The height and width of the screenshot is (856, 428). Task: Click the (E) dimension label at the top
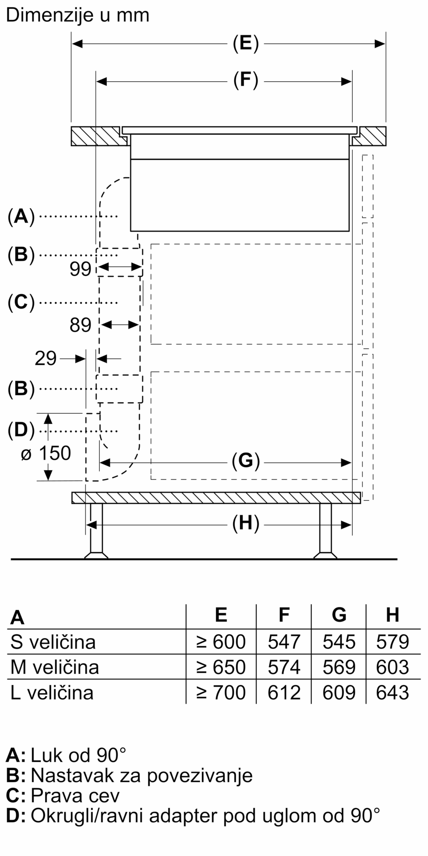(x=246, y=44)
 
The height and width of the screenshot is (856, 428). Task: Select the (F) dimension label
(x=246, y=81)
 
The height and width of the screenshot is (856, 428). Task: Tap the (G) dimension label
(x=246, y=461)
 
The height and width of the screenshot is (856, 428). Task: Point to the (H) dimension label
(x=246, y=524)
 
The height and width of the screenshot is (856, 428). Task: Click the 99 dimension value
(x=80, y=269)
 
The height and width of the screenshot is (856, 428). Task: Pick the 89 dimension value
(x=80, y=325)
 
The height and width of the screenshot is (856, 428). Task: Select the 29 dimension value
(x=45, y=358)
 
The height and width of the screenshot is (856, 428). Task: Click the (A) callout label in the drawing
(x=21, y=217)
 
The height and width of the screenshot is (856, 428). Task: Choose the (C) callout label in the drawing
(x=21, y=303)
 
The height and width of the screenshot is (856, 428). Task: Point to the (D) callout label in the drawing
(x=21, y=430)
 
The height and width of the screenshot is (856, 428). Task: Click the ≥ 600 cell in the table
(x=221, y=642)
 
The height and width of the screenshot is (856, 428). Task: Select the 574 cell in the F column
(x=284, y=667)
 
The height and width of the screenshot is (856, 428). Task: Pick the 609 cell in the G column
(x=339, y=692)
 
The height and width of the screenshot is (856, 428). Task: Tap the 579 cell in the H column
(x=392, y=642)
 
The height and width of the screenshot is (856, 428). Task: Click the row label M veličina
(x=54, y=667)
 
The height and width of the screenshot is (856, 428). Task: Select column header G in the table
(x=339, y=615)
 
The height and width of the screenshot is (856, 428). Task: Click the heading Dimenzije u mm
(x=77, y=16)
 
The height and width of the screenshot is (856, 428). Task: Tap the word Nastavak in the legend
(x=73, y=775)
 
